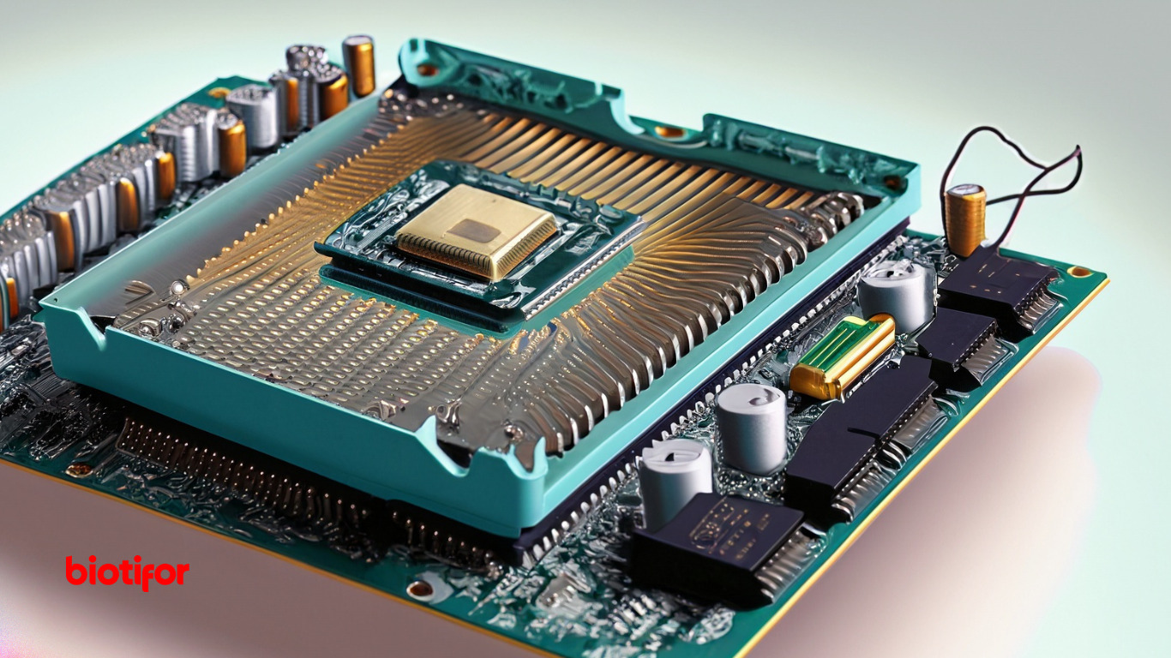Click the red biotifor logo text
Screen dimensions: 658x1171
point(127,571)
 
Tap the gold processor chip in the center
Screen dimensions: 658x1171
point(476,230)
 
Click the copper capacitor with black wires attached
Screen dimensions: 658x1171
point(964,220)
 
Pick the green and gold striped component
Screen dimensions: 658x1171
point(842,356)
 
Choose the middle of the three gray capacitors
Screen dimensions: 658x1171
point(752,428)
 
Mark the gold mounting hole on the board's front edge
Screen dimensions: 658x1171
point(421,589)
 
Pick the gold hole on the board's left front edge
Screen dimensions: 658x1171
point(80,470)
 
